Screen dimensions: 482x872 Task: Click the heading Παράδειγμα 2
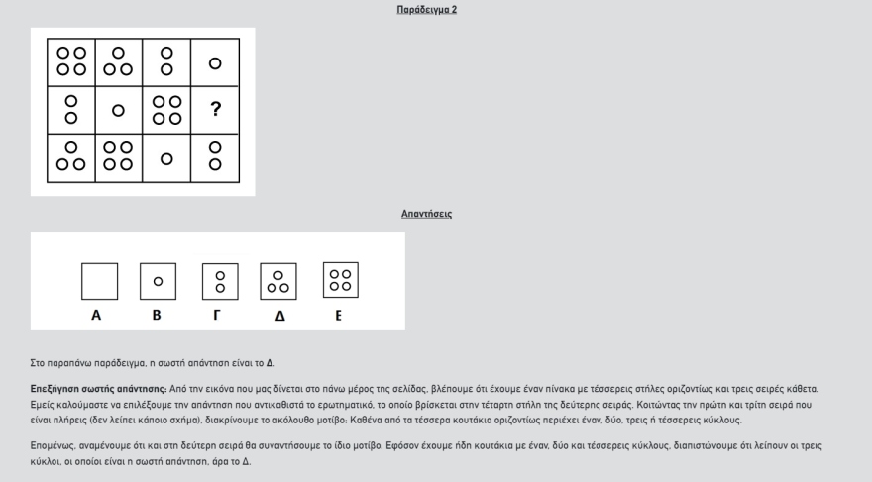pos(426,10)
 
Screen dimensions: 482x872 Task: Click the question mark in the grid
pos(215,110)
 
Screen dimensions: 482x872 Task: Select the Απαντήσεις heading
pos(426,214)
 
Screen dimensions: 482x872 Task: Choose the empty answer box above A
pos(99,281)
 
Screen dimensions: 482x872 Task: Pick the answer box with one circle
pos(158,281)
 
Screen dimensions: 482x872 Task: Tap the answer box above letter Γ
pos(220,281)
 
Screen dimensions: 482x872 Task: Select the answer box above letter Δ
pos(278,281)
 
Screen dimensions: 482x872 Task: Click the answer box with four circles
pos(340,281)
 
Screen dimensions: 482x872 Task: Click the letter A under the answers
pos(96,316)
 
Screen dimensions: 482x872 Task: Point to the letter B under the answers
pos(157,316)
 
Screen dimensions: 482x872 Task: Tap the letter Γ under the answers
pos(217,316)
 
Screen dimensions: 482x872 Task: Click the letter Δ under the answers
pos(279,317)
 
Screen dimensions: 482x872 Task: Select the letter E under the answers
pos(338,316)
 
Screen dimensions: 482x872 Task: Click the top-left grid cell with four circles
pos(71,61)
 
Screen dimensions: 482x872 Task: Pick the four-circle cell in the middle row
pos(166,110)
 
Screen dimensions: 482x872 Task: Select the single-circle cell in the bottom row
pos(166,158)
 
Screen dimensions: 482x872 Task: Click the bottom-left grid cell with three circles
pos(71,158)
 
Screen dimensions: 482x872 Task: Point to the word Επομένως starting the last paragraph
pos(53,445)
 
